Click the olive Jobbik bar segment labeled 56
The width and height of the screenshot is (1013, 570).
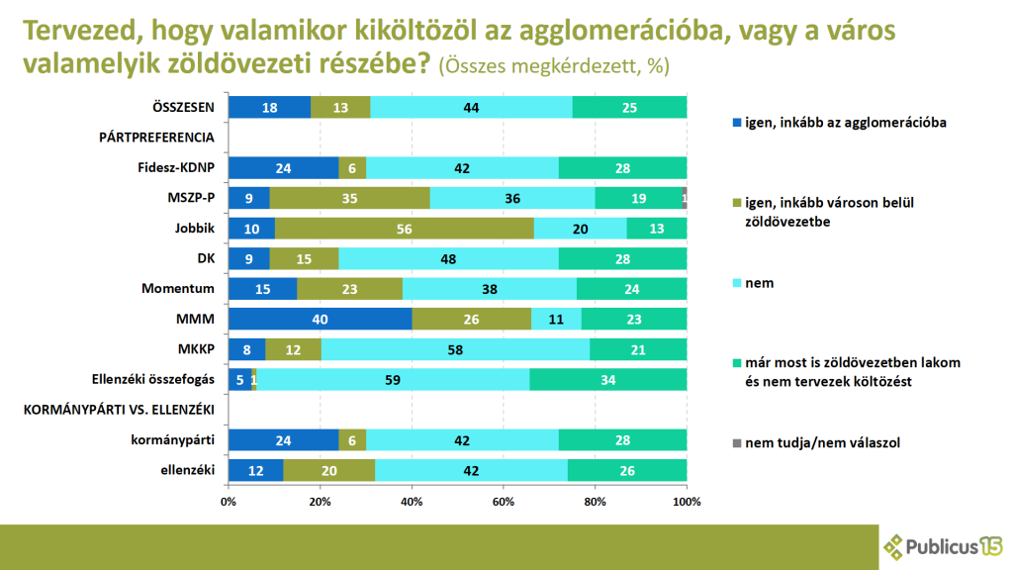tap(404, 229)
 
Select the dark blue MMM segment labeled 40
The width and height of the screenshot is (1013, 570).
tap(321, 320)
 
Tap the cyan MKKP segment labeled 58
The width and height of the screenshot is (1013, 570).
tap(455, 350)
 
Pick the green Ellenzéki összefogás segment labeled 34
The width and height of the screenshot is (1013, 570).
tap(608, 380)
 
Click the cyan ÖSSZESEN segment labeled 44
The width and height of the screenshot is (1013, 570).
tap(471, 107)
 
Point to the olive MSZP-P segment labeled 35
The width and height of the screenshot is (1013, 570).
tap(349, 198)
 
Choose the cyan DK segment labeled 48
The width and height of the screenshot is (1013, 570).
tap(448, 259)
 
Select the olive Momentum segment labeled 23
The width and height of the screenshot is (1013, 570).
tap(349, 289)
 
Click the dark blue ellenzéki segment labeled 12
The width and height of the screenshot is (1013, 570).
tap(255, 471)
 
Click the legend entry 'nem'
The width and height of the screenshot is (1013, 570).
tap(760, 283)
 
